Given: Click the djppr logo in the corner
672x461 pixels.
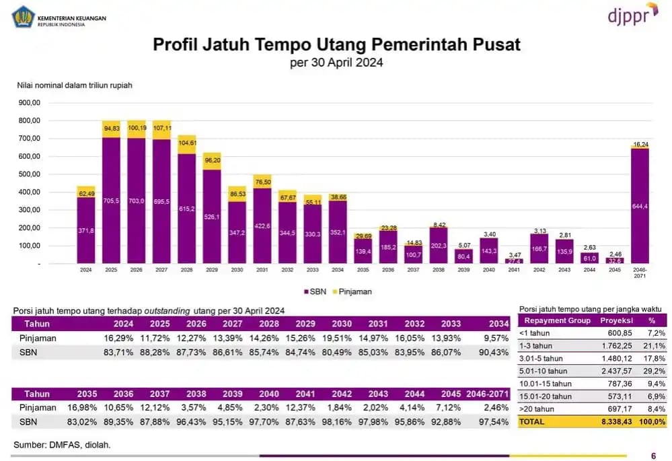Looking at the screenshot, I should [632, 14].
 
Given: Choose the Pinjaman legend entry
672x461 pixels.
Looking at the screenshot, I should [353, 292].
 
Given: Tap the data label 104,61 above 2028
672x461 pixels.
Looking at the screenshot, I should [187, 143].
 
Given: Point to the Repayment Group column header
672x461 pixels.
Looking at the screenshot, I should [557, 320].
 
